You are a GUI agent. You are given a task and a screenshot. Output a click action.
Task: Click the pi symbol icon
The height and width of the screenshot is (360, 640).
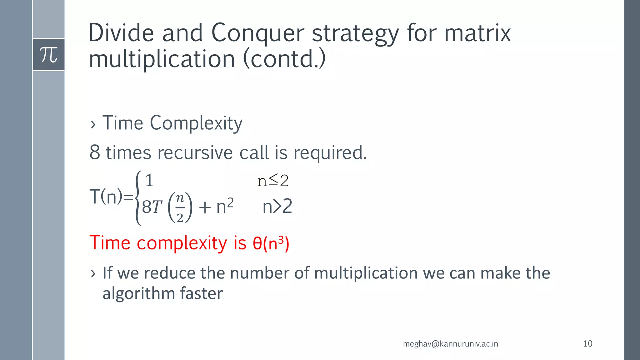pos(49,55)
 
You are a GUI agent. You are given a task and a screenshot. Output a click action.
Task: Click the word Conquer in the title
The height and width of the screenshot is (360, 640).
pos(257,33)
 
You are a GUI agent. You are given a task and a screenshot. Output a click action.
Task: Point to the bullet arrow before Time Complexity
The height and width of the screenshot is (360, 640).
pos(93,124)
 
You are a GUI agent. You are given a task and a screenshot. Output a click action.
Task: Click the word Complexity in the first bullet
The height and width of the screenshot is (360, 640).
pos(196,123)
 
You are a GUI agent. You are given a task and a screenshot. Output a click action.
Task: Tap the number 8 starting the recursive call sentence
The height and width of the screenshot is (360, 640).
pos(95,152)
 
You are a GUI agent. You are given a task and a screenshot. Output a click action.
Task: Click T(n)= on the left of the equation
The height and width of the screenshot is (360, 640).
pos(111,197)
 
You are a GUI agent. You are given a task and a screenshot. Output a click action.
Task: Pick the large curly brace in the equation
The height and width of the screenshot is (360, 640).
pos(138,198)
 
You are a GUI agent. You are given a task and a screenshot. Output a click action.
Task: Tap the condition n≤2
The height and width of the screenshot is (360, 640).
pos(273,180)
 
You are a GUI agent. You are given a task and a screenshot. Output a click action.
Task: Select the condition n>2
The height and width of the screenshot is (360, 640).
pos(277,207)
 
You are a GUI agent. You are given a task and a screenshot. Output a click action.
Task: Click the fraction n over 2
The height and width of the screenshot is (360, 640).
pos(180,207)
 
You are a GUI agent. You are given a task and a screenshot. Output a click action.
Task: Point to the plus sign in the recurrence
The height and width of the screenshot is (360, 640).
pos(205,207)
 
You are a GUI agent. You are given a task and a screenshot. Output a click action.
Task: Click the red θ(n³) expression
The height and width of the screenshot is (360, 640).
pos(271,243)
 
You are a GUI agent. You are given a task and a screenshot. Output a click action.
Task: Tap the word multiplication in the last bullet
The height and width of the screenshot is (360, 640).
pos(366,273)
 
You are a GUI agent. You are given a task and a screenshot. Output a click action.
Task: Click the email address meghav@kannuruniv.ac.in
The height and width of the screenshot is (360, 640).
pos(450,344)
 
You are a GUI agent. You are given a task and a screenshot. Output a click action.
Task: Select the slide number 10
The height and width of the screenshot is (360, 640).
pos(587,344)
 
